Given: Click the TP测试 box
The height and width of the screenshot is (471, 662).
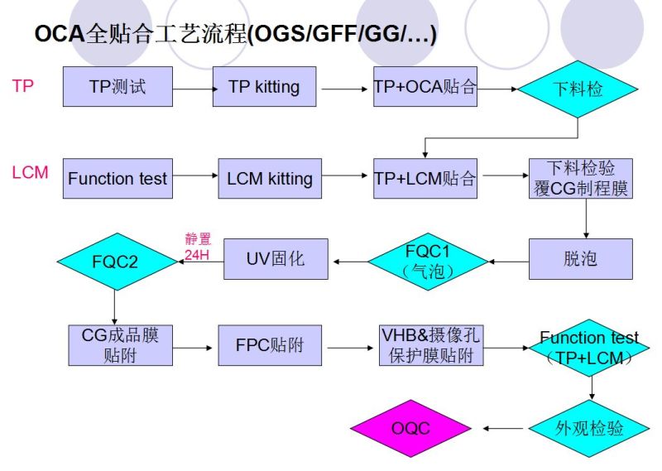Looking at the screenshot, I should coord(118,86).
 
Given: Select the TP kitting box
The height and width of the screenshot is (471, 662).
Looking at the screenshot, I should coord(264,86).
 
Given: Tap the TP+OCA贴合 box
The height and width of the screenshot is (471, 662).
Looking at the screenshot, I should coord(425,86).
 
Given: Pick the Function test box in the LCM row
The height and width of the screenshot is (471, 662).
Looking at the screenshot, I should coord(118,178).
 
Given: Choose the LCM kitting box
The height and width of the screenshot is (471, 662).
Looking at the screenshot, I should coord(270,178).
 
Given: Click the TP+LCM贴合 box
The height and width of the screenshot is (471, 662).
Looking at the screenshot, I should coord(425,178).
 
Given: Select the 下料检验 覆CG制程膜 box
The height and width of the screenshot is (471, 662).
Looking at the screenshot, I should coord(581,178).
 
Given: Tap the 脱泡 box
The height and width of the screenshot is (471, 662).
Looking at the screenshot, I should coord(581,258).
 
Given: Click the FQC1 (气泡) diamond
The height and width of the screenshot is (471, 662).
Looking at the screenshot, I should coord(428,259).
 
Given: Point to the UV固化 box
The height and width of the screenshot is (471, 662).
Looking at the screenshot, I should coord(276,258).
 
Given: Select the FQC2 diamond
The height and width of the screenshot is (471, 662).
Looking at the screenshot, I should coord(116,262).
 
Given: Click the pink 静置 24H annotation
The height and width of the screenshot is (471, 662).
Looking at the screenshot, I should coord(198,247).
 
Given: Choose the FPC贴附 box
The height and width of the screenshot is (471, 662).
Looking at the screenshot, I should coord(270,345).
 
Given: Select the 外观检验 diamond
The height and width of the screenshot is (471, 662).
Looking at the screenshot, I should coord(589,429).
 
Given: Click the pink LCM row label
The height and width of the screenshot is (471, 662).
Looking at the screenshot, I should coord(30,173).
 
